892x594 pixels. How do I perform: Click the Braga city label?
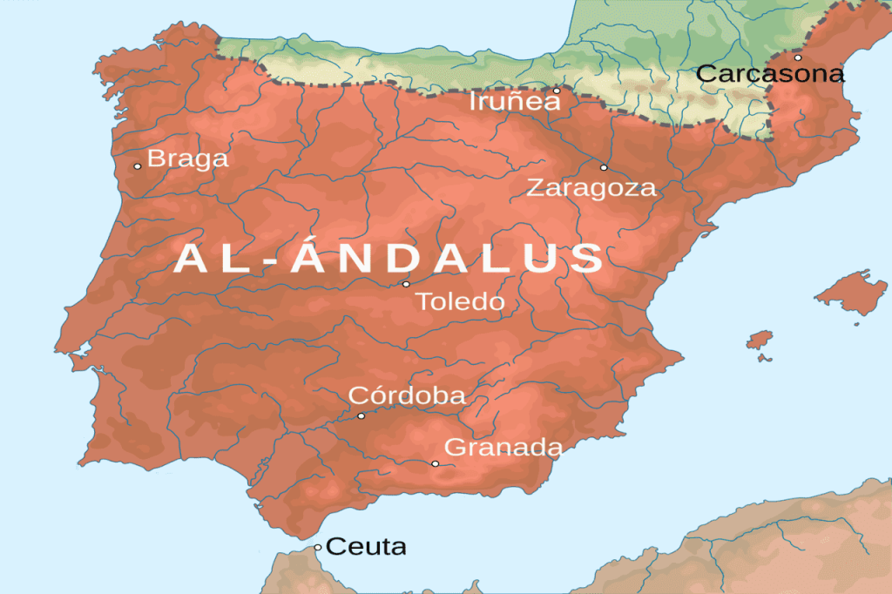click(187, 159)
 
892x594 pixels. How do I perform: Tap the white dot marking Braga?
click(137, 166)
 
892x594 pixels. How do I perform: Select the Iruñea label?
click(514, 102)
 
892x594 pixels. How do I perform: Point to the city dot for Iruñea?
click(557, 90)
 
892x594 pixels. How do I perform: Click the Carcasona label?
click(770, 74)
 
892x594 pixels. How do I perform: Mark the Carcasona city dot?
click(797, 57)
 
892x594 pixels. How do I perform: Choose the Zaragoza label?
click(591, 187)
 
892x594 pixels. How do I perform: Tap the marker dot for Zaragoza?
click(604, 167)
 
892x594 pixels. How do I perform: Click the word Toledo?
click(460, 302)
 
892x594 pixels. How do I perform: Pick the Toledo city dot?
click(405, 284)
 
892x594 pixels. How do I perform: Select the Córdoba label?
click(407, 395)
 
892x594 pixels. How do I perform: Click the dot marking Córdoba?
click(361, 416)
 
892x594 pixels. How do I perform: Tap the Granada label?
click(503, 448)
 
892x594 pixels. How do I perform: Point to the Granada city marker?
click(435, 463)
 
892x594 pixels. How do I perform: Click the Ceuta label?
click(366, 547)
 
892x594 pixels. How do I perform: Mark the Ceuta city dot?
click(318, 548)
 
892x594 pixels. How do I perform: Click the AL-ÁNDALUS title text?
click(389, 259)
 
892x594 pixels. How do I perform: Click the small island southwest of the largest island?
click(760, 339)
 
